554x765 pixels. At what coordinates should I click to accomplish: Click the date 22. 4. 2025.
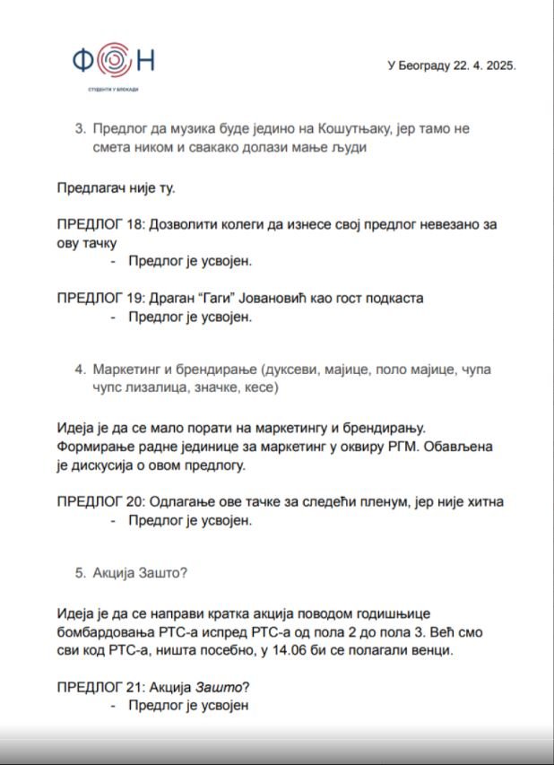[480, 65]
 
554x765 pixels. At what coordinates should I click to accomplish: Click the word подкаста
[392, 298]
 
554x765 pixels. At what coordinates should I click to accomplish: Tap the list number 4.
[80, 369]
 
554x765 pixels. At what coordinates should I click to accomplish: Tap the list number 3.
[80, 128]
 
